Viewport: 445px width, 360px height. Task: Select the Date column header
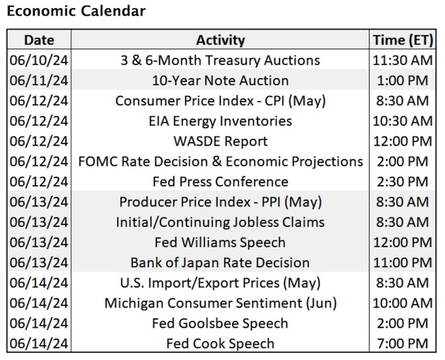38,40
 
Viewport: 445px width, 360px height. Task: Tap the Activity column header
219,40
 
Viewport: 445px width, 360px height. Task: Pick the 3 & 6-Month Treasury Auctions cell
219,61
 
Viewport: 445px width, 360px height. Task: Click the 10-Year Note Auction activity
219,81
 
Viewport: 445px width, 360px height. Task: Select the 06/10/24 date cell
38,61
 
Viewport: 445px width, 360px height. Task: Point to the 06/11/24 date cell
38,81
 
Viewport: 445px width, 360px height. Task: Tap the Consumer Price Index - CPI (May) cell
219,101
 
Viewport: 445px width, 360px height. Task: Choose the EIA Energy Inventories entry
219,121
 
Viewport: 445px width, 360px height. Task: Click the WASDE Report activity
219,142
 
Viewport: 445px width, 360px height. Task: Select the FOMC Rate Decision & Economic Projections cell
219,162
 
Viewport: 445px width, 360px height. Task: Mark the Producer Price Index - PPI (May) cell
219,202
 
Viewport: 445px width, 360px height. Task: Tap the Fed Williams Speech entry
219,243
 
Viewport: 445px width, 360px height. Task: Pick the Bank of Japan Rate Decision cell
219,263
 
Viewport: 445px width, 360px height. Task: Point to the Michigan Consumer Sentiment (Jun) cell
219,303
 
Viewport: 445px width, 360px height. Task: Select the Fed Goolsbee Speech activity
219,324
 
